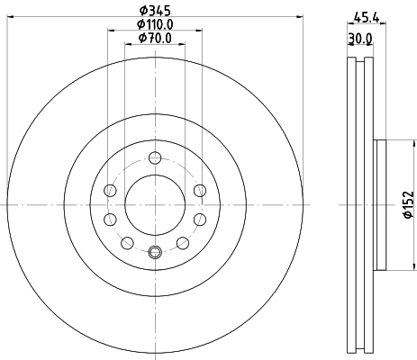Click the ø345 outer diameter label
(x=154, y=12)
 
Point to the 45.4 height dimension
(x=366, y=15)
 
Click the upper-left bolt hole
(x=110, y=189)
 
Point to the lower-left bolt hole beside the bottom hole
(x=127, y=242)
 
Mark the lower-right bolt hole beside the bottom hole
(x=182, y=242)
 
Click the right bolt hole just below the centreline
(x=198, y=219)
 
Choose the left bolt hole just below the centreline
(x=111, y=219)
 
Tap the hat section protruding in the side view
(x=381, y=205)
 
